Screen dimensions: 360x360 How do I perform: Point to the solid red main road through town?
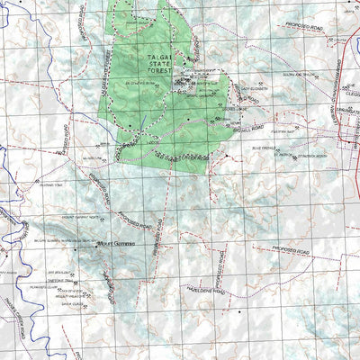coord(345,135)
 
